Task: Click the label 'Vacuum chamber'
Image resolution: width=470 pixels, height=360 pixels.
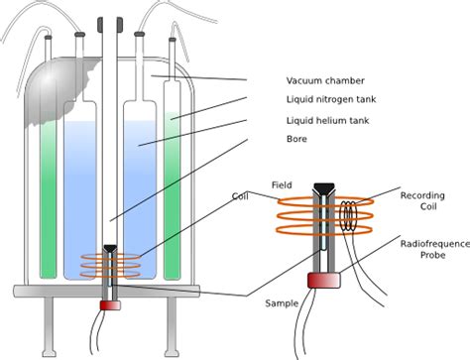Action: click(325, 80)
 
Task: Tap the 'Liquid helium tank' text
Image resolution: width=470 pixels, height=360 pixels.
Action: click(330, 121)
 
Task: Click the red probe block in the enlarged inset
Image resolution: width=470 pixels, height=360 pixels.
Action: click(321, 282)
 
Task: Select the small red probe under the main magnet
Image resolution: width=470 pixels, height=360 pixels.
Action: click(110, 303)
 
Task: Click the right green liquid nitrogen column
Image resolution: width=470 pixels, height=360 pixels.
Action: click(173, 198)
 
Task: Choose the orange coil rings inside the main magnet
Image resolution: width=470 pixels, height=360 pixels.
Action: click(110, 265)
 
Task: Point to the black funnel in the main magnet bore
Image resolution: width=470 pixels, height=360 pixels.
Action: click(110, 249)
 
